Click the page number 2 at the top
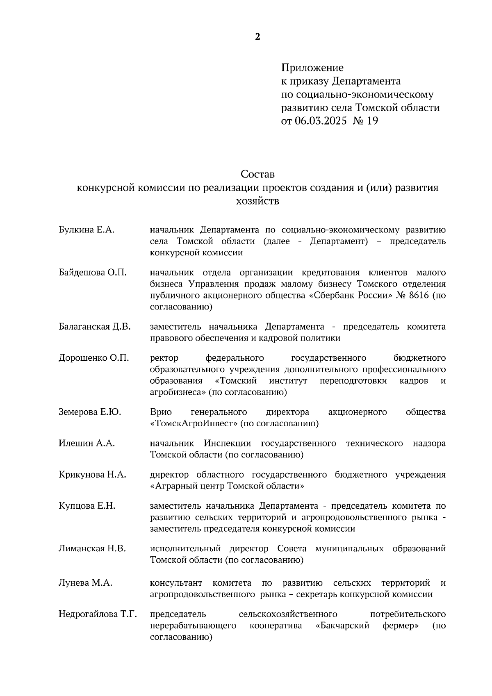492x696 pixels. tap(257, 37)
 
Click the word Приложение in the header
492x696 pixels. tap(312, 68)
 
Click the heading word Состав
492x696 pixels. tap(257, 174)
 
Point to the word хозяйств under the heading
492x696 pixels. tap(257, 201)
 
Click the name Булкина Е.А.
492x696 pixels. tap(87, 230)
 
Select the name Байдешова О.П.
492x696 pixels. tap(93, 273)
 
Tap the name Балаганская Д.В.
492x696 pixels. tap(95, 327)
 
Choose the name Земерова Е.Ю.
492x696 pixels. tap(90, 412)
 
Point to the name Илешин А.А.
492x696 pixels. tap(87, 444)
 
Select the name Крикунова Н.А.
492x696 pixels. tap(92, 475)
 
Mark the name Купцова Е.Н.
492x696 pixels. tap(87, 506)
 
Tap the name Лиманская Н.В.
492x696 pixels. tap(92, 548)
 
